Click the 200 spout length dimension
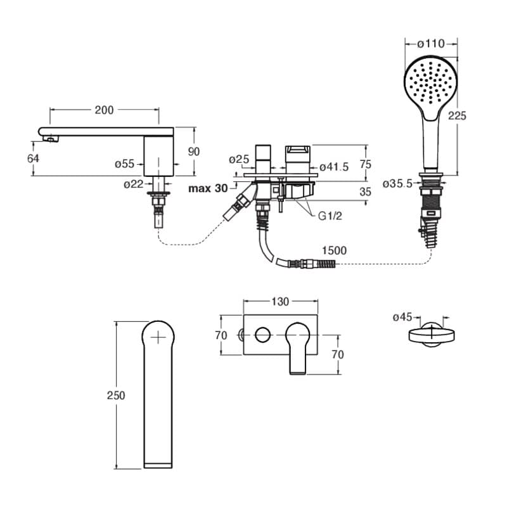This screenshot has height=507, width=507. click(104, 110)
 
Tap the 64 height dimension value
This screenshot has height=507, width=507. click(33, 158)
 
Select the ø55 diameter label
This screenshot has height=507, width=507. click(124, 164)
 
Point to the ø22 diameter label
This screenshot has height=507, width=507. click(133, 184)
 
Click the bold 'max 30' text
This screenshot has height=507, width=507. click(209, 188)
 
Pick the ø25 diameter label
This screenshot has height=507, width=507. click(239, 160)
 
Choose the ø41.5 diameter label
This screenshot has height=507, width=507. click(335, 167)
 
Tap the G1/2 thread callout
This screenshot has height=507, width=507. click(330, 216)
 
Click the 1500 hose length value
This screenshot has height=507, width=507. click(335, 250)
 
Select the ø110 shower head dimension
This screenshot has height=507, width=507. click(431, 44)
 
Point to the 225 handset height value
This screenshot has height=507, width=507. click(457, 116)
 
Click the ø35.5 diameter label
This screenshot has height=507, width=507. click(398, 184)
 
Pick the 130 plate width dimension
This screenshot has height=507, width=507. click(280, 302)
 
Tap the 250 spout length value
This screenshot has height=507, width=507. click(116, 395)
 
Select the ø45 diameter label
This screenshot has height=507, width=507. click(402, 318)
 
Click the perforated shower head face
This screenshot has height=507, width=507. click(430, 84)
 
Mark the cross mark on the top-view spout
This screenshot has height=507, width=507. click(158, 338)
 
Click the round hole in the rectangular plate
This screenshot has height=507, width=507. click(262, 335)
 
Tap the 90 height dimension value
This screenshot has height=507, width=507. click(194, 151)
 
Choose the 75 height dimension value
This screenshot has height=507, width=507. click(366, 164)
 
